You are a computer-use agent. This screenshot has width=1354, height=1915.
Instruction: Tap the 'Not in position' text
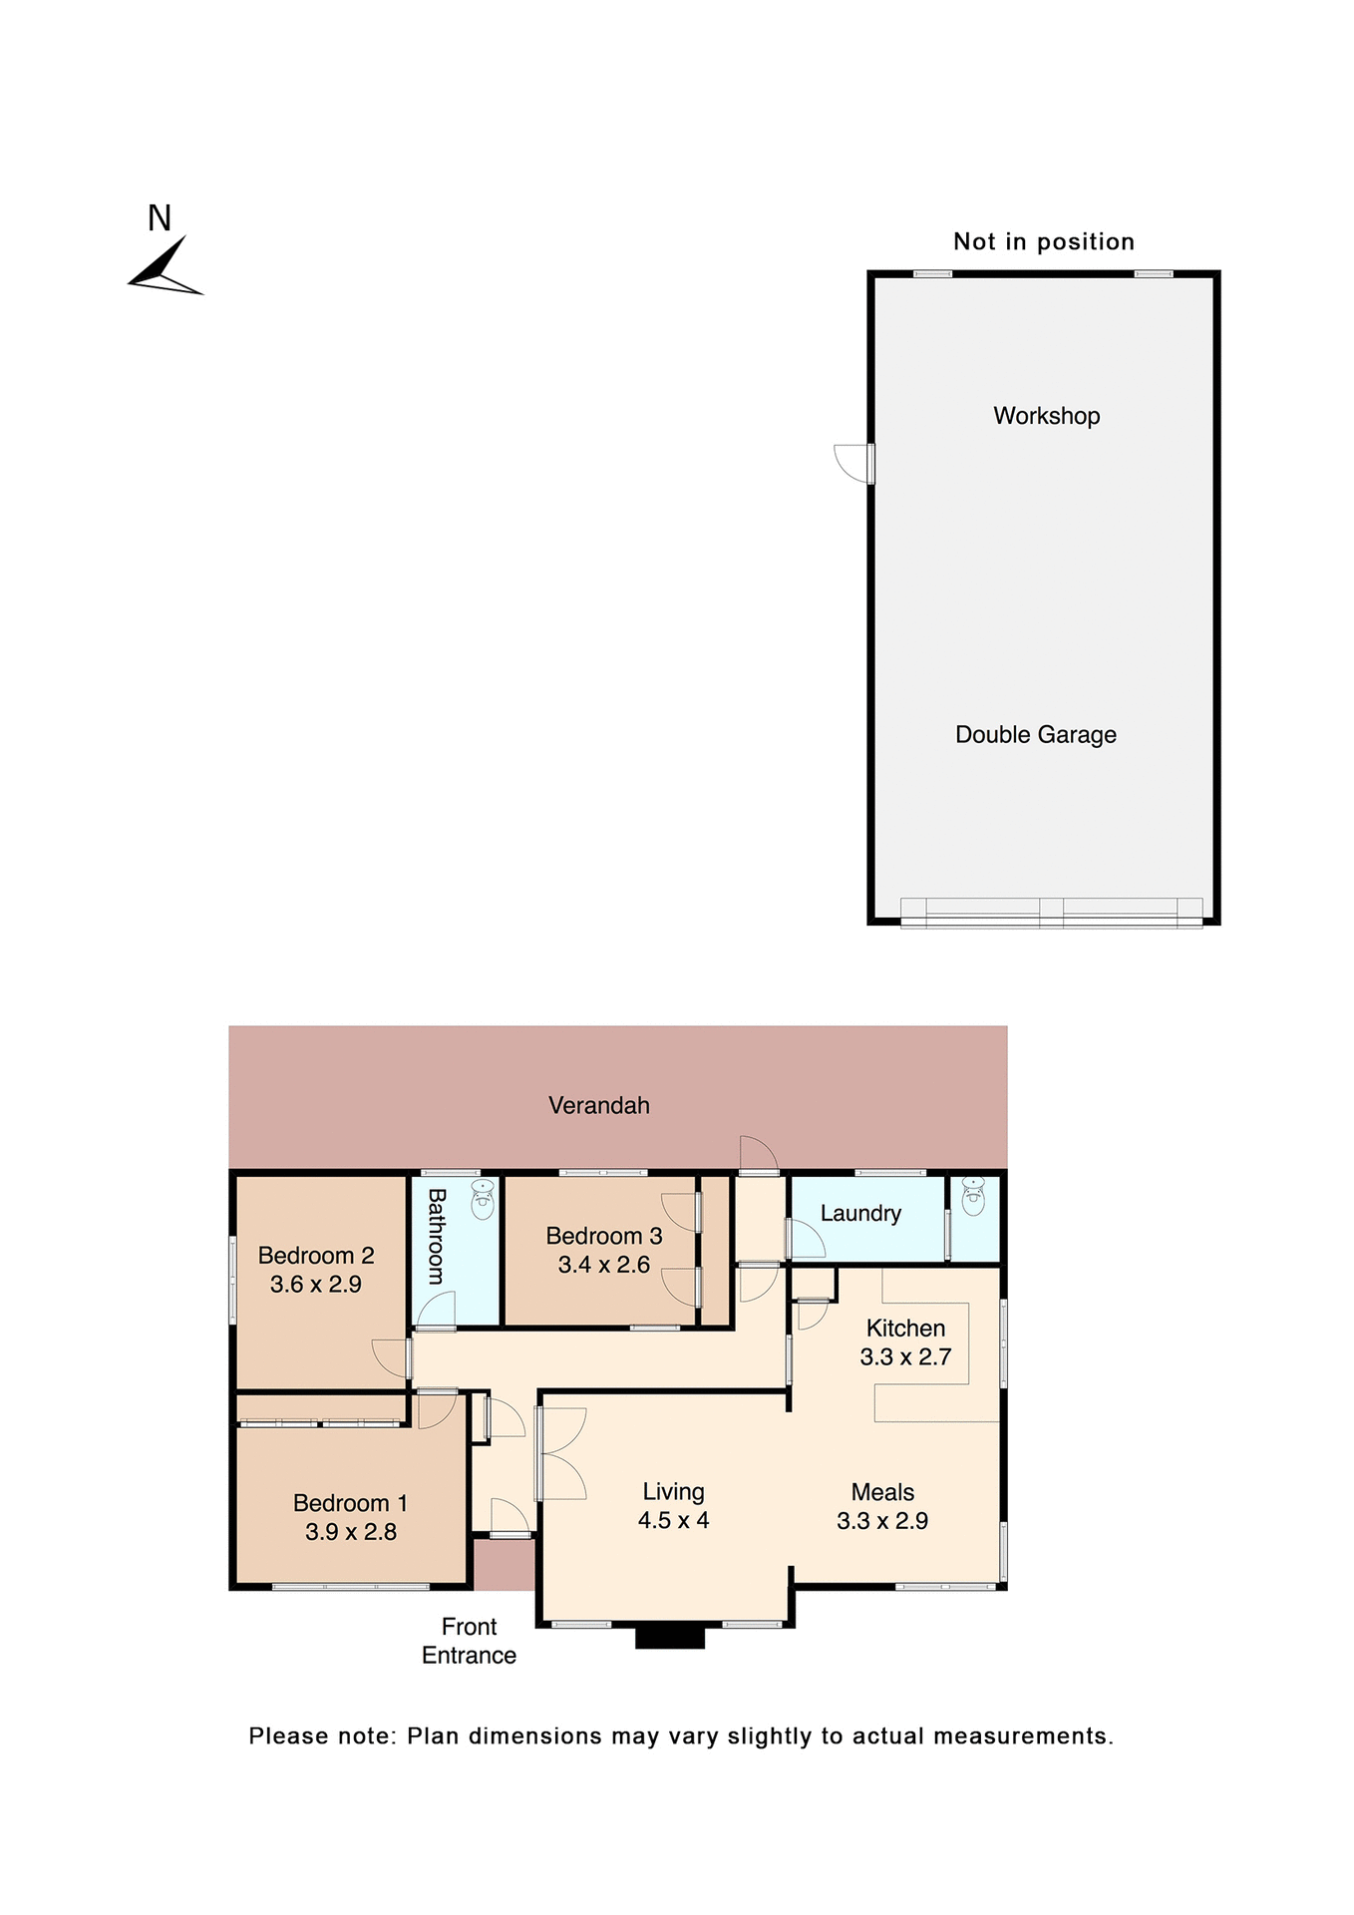[1043, 241]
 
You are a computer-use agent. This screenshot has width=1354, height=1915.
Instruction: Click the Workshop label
[1046, 416]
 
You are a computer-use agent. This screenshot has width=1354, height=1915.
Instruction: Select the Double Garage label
[1035, 735]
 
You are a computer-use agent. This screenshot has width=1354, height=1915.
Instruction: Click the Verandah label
[598, 1105]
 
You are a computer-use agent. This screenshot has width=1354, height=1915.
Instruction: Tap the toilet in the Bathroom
[483, 1199]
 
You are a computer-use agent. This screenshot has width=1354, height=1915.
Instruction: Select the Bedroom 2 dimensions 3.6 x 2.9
[315, 1285]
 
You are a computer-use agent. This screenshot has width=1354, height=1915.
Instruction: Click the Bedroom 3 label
[603, 1236]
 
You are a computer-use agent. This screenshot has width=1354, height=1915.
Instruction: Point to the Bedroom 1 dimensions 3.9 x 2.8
[350, 1532]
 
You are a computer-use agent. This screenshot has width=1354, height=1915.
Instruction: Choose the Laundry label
[860, 1214]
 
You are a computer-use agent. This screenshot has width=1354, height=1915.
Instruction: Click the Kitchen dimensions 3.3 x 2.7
[905, 1356]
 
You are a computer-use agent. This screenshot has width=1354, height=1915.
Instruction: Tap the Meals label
[882, 1492]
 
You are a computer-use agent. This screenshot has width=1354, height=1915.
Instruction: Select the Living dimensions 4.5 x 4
[673, 1521]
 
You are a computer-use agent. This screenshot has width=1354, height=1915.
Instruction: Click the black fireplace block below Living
[670, 1637]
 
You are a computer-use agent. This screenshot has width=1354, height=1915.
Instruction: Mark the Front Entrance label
[469, 1641]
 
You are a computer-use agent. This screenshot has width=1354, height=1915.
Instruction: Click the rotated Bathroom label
[436, 1236]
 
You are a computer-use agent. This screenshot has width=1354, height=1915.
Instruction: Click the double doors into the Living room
[560, 1453]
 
